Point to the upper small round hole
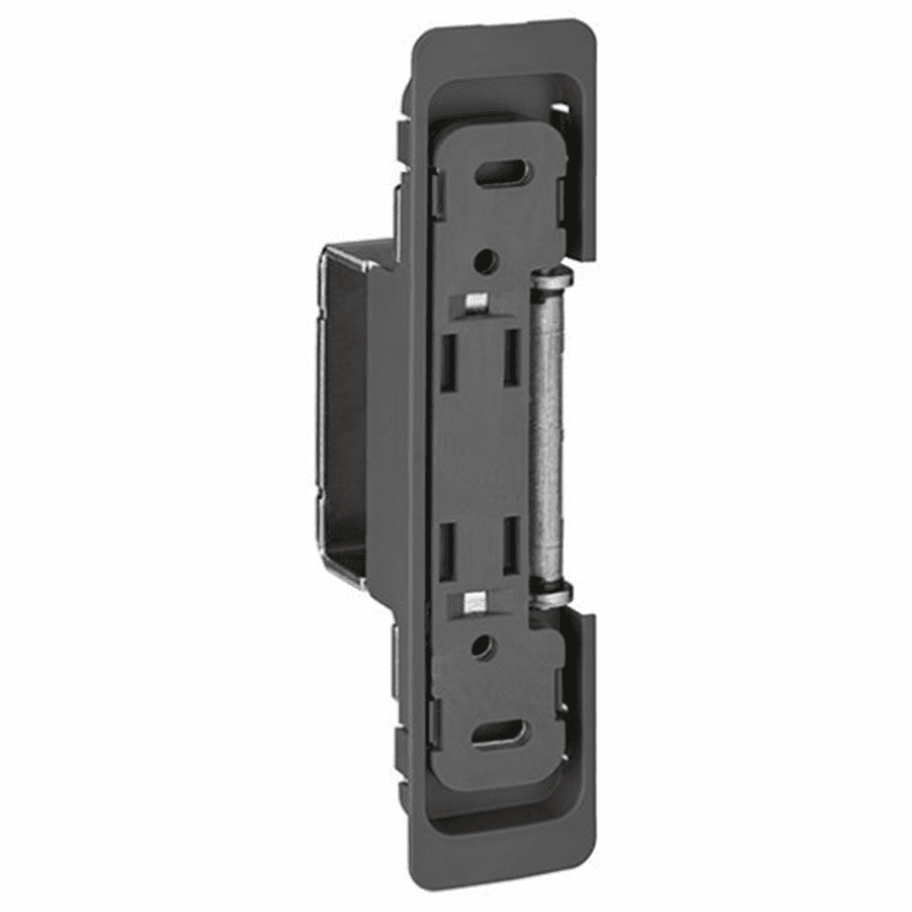click(485, 261)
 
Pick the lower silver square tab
click(472, 601)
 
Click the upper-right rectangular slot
click(512, 356)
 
